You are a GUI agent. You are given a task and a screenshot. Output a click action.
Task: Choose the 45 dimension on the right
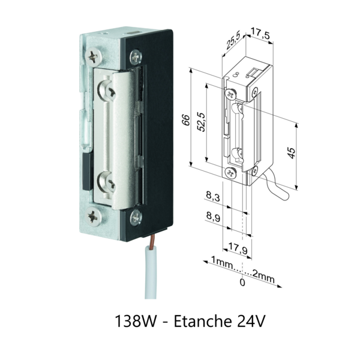(291, 153)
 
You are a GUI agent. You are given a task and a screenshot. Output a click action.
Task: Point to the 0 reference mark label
(242, 281)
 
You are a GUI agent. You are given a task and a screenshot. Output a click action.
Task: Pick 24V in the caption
(251, 321)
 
